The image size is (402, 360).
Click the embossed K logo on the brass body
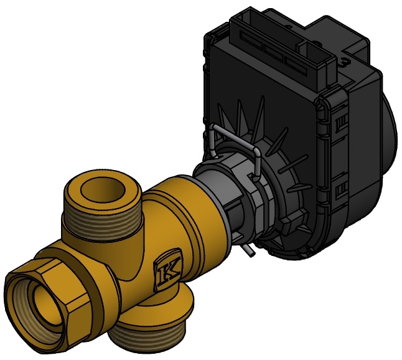point(167,270)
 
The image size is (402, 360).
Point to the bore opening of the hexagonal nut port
point(45,303)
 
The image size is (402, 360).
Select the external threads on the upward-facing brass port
point(103,223)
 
